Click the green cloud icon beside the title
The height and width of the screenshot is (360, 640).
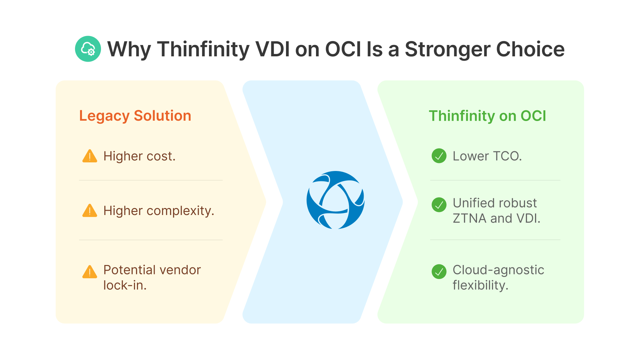point(88,49)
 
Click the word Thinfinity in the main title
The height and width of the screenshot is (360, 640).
point(203,49)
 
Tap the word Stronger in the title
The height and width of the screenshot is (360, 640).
point(447,49)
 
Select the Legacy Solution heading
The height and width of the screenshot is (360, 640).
point(135,116)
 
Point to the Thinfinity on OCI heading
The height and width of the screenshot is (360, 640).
point(487,116)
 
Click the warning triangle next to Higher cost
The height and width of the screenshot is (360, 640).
point(90,156)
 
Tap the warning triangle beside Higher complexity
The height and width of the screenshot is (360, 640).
point(90,211)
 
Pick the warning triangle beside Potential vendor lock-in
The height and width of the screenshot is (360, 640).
point(90,272)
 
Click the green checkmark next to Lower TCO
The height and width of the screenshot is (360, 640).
point(439,156)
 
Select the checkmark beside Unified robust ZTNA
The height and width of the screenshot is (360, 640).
point(439,205)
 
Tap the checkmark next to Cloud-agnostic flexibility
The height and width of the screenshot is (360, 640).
point(439,272)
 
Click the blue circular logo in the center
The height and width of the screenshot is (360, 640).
point(335,200)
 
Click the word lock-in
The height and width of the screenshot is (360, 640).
point(125,285)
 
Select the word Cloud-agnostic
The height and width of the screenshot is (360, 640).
point(498,270)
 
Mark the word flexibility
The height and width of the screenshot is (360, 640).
point(480,285)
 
